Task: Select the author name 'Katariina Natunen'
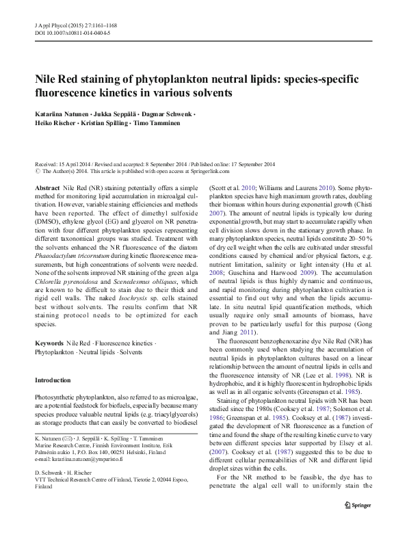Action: pos(63,113)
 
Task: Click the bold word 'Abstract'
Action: pos(47,187)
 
